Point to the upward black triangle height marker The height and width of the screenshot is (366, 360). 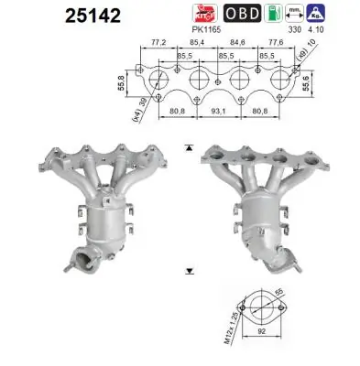click(189, 145)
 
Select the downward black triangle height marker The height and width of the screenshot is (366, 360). click(189, 272)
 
